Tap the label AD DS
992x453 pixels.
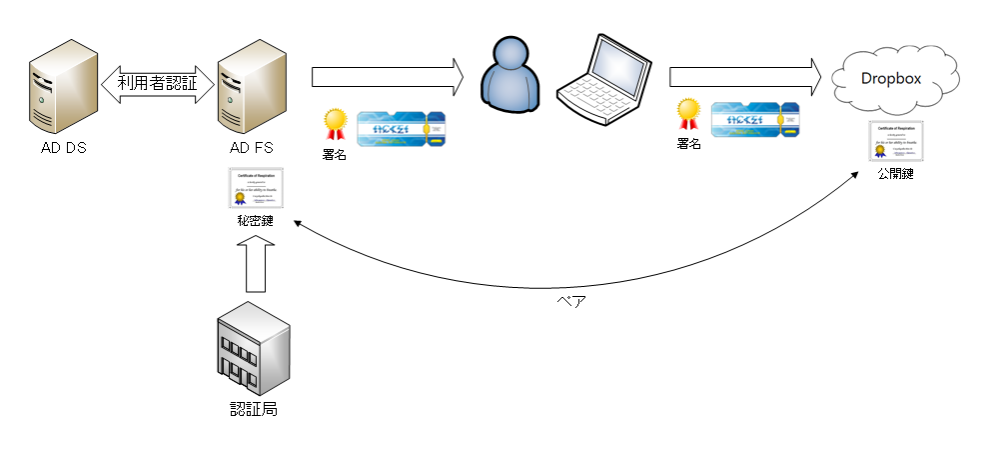pos(61,149)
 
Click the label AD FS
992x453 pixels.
pos(251,149)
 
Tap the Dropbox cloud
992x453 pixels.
pos(891,79)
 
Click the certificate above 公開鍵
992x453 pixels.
pos(895,141)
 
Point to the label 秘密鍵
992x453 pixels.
pos(257,220)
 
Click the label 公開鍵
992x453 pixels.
pos(895,173)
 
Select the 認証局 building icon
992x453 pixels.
pos(253,350)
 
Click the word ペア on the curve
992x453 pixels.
pos(569,301)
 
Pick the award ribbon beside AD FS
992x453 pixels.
pos(334,124)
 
